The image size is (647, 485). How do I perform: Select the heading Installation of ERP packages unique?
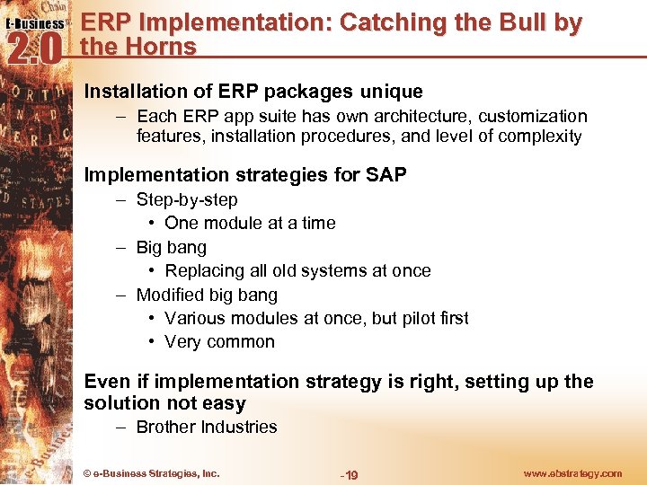[253, 92]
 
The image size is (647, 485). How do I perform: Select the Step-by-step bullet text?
[187, 199]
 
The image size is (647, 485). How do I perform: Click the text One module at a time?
[250, 223]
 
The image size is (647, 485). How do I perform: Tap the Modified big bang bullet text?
[207, 295]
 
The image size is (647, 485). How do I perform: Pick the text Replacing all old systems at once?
[297, 270]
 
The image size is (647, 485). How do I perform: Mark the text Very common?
[219, 341]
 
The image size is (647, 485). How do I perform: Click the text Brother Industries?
[206, 427]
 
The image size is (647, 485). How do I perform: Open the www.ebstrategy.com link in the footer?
[572, 473]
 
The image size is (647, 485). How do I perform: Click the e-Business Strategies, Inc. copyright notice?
[151, 473]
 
